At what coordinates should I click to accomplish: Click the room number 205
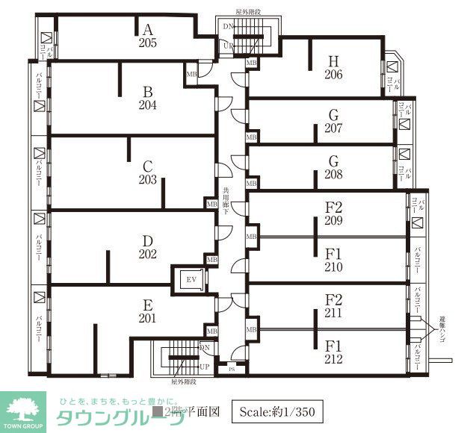point(147,43)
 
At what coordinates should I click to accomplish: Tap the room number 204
point(147,105)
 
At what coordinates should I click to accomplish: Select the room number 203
point(147,180)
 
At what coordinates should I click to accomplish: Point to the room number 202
point(147,254)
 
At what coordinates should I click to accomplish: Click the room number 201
point(147,319)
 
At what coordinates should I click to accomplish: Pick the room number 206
point(333,75)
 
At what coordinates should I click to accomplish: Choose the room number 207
point(333,128)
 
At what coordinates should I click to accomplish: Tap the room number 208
point(333,175)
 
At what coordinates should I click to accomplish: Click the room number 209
point(333,221)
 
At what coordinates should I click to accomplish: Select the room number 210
point(333,267)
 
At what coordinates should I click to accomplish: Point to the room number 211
point(333,314)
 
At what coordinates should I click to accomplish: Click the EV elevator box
point(190,280)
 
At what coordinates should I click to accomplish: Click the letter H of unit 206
point(333,61)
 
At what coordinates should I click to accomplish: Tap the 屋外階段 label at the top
point(247,13)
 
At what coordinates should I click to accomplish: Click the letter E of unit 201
point(147,305)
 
